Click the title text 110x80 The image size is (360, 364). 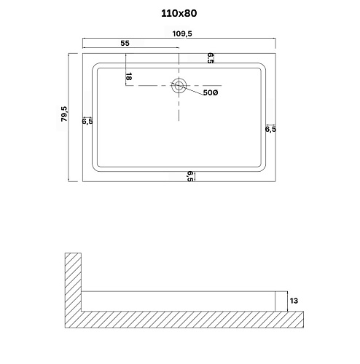tap(179, 13)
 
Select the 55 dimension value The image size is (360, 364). tap(125, 44)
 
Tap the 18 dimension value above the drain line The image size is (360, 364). tap(129, 76)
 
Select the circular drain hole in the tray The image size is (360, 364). tap(179, 86)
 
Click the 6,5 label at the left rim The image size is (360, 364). tap(87, 122)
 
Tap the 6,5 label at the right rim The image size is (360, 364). tap(270, 129)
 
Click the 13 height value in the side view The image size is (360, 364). tap(294, 299)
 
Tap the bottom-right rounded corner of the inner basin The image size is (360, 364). tap(263, 167)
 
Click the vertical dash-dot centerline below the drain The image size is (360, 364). tap(179, 108)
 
